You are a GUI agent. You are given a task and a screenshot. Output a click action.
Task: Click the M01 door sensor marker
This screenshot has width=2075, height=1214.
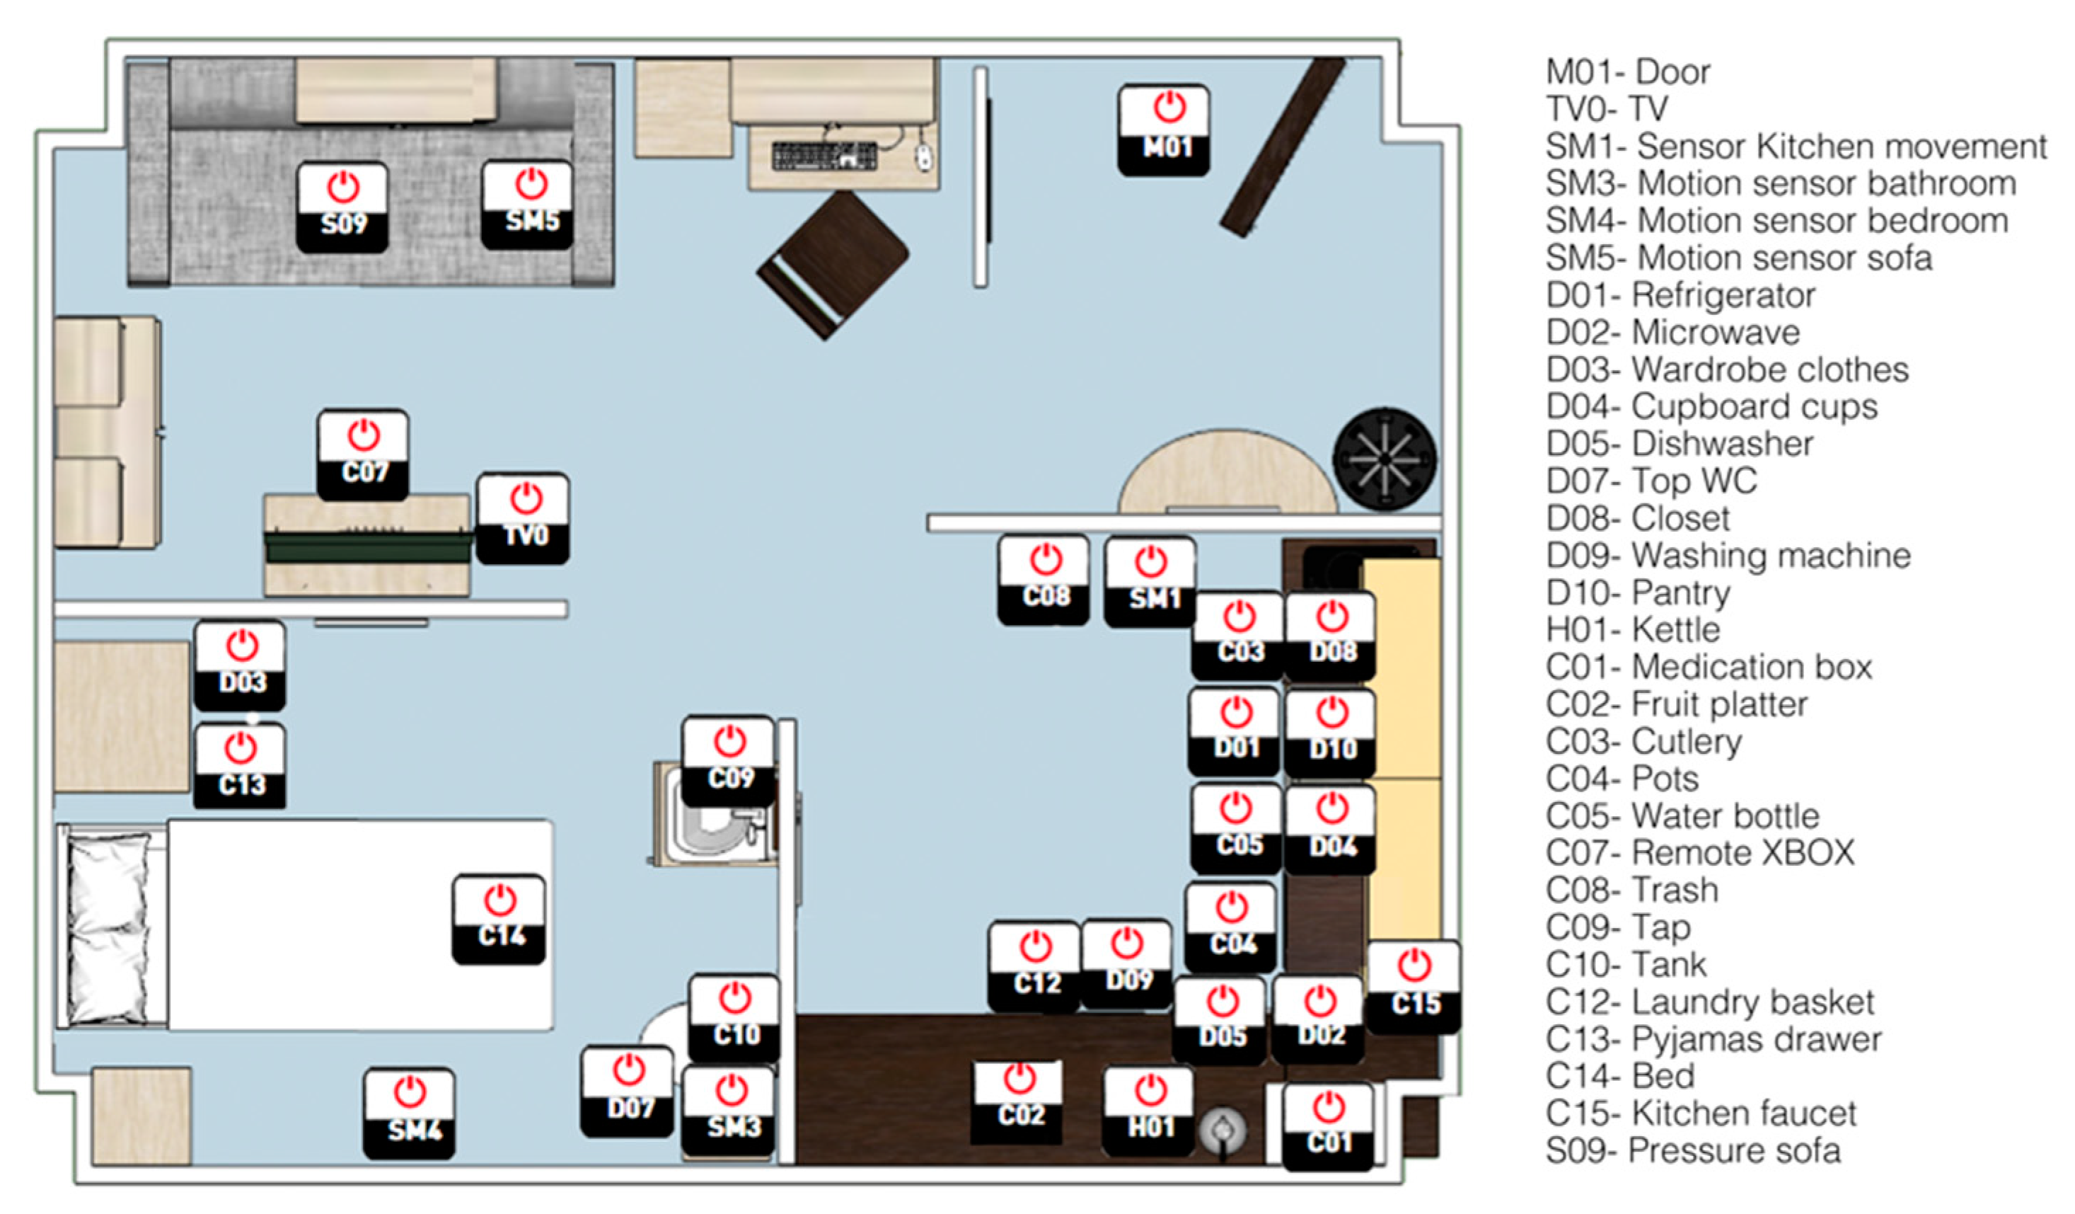click(x=1164, y=130)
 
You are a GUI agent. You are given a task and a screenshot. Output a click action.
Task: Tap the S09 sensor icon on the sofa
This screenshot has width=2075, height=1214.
click(x=342, y=207)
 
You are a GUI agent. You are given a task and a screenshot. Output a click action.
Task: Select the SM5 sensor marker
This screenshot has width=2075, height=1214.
click(x=527, y=205)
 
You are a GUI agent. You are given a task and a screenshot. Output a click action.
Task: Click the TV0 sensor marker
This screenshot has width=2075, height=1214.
click(x=523, y=519)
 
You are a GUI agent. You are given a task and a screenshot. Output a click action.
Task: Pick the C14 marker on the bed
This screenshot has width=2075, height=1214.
click(x=499, y=919)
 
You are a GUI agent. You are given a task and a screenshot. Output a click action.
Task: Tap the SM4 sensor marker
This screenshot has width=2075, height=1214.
click(x=409, y=1113)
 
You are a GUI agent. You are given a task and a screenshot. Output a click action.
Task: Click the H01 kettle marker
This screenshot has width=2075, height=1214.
click(x=1149, y=1112)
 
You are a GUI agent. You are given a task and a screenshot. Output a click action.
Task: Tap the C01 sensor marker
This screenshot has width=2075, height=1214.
click(x=1328, y=1127)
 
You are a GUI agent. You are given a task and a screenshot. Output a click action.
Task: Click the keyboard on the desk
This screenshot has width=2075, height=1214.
click(x=824, y=156)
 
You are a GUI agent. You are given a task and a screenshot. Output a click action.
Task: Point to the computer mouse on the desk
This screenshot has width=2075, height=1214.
click(x=925, y=156)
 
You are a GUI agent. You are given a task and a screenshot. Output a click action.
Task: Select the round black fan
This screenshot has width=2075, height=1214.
click(x=1385, y=459)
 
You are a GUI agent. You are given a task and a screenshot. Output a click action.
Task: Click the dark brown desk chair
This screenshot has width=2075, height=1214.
click(x=833, y=264)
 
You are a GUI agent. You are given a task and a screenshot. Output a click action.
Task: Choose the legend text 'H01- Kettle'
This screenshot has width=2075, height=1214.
click(x=1633, y=630)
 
